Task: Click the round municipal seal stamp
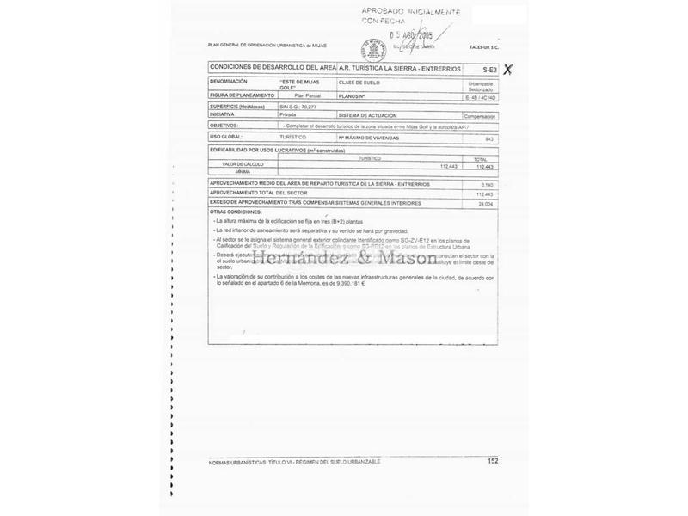(372, 47)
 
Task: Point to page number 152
(493, 461)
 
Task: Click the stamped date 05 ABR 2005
(412, 36)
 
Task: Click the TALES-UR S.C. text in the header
(484, 52)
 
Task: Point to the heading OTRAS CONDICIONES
(235, 211)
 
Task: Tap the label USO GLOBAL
(226, 137)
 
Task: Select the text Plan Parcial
(306, 96)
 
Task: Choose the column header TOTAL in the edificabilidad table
(481, 158)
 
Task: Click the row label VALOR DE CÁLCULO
(243, 163)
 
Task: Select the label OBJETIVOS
(225, 124)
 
